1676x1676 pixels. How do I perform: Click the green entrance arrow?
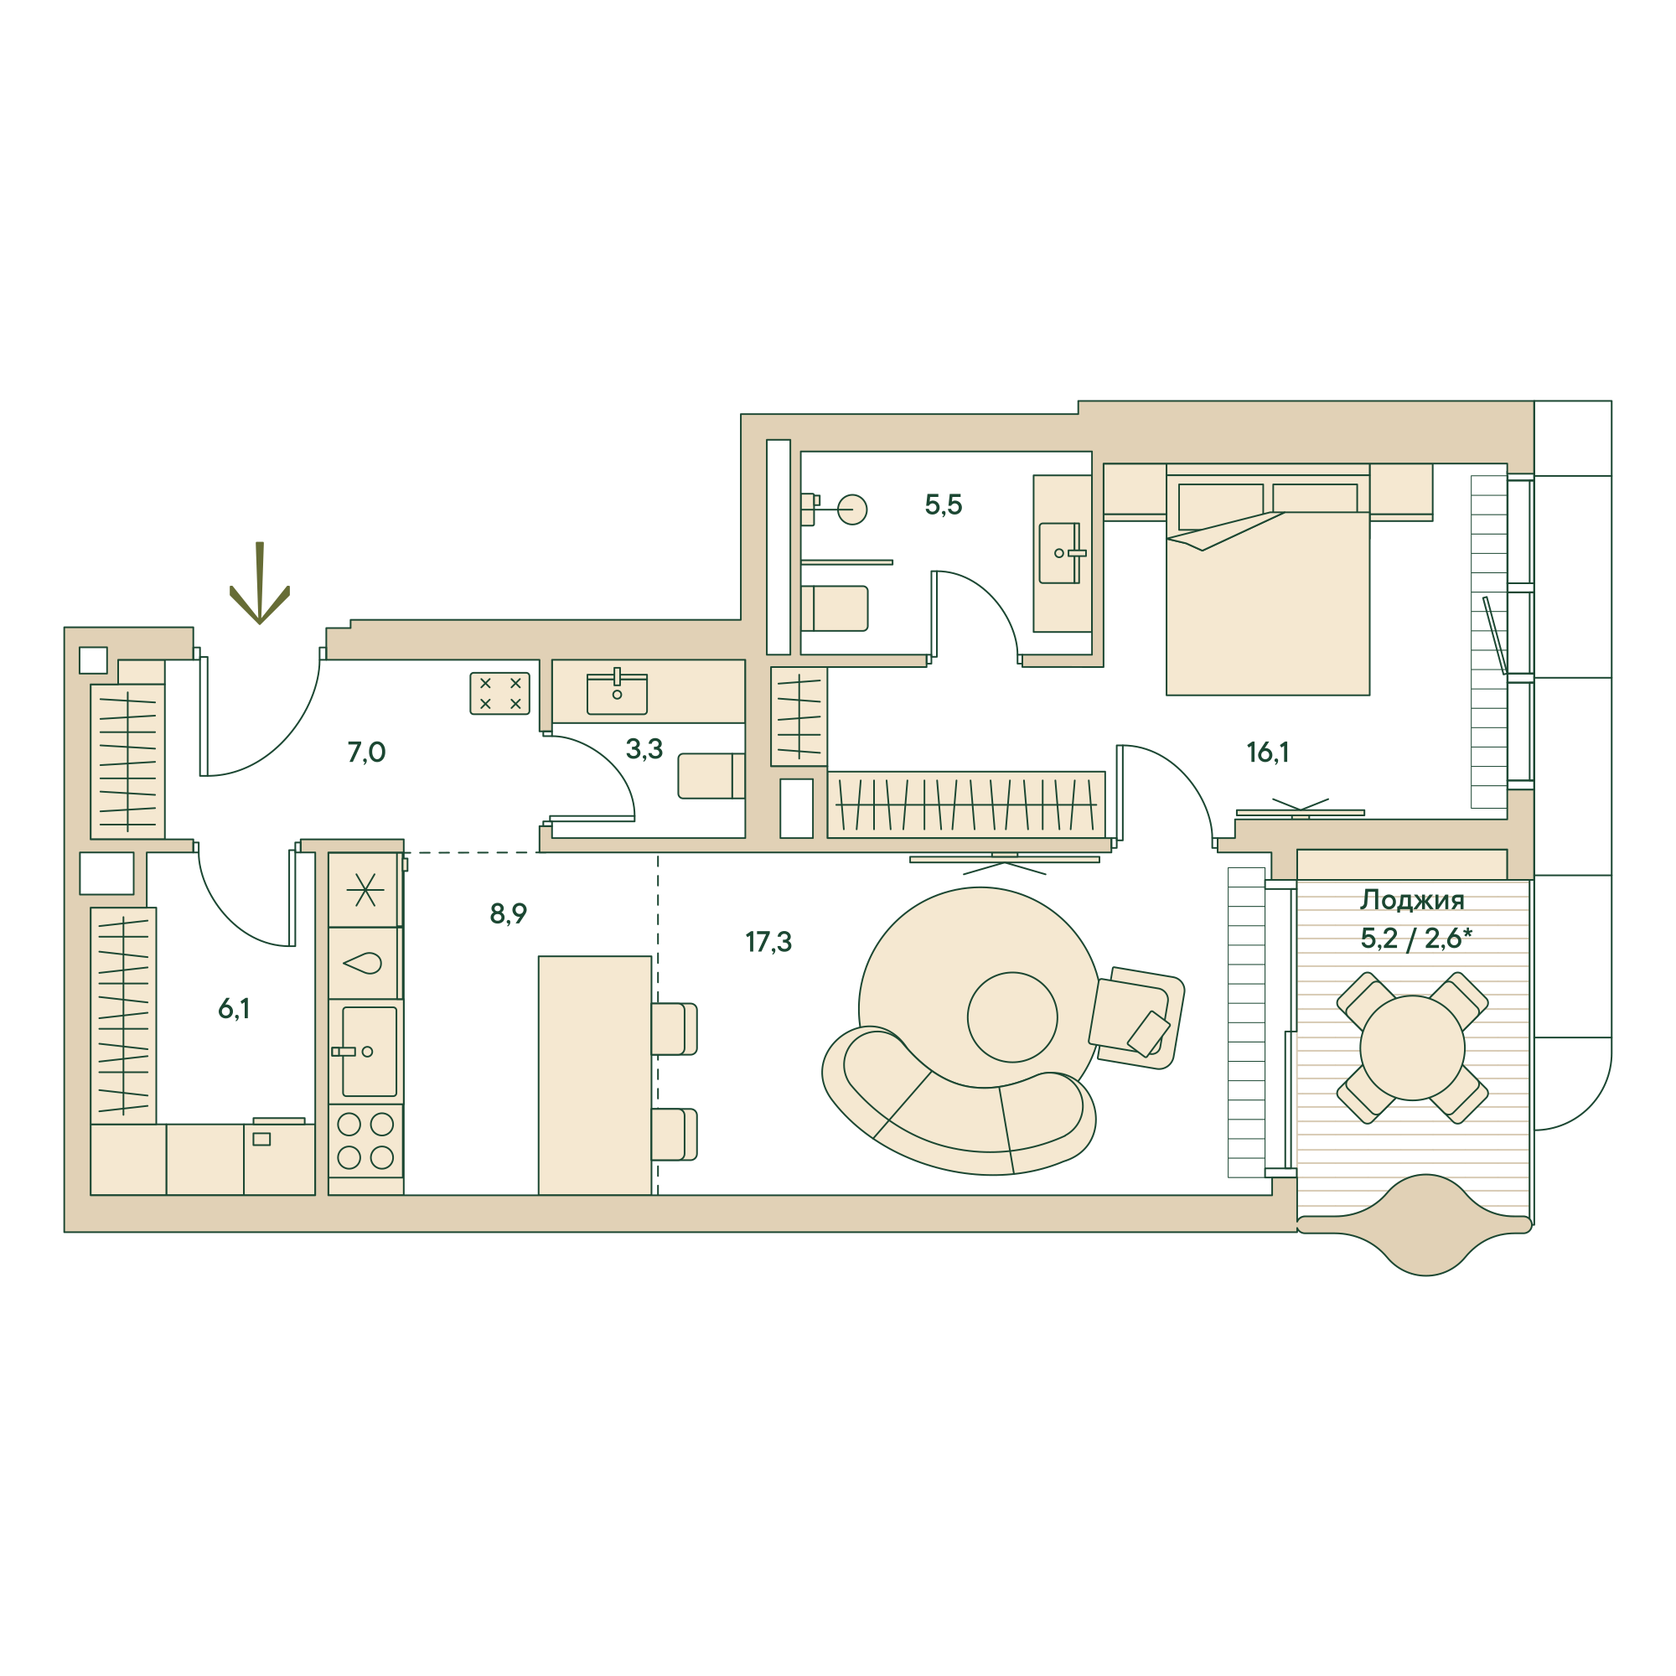[260, 586]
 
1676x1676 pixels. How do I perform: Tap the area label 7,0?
[366, 753]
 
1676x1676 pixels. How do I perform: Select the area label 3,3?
[644, 748]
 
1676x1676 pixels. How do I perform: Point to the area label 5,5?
[943, 504]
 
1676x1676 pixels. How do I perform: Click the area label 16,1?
[1267, 753]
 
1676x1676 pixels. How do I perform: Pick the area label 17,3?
[768, 941]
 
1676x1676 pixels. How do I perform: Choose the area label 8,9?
[509, 913]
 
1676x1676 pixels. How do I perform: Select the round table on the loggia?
[1412, 1048]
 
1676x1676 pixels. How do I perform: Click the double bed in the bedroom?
[1267, 598]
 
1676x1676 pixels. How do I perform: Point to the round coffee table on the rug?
[1012, 1016]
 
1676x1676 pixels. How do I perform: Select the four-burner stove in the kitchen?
[365, 1141]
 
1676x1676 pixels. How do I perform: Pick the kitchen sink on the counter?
[369, 1051]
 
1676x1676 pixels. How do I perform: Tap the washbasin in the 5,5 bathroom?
[1060, 552]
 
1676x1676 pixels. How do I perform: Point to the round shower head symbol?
[852, 510]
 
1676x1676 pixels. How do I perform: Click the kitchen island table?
[594, 1076]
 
